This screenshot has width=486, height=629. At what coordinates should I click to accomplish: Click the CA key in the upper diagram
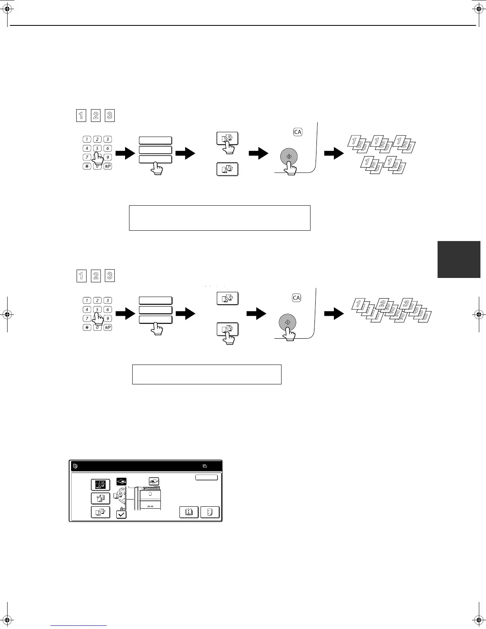tap(298, 132)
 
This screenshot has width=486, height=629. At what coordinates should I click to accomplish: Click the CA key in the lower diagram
tap(297, 297)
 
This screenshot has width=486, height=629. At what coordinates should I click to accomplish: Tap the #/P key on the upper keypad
tap(107, 166)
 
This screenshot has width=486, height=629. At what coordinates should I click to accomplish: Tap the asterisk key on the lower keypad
tap(87, 328)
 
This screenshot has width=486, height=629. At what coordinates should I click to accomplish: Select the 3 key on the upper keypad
tap(107, 139)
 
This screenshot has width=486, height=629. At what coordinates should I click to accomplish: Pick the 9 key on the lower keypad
tap(107, 318)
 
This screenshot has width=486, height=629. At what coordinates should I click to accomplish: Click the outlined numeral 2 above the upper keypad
tap(96, 116)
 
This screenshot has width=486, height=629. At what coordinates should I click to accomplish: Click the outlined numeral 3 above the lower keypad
tap(110, 276)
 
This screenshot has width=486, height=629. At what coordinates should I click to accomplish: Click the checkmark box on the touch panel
tap(121, 515)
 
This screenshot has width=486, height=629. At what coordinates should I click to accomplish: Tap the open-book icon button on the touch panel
tap(189, 512)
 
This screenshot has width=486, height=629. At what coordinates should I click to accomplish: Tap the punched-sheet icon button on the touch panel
tap(210, 512)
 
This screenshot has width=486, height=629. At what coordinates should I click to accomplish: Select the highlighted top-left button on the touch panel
tap(100, 485)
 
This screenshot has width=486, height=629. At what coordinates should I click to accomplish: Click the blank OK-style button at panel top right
tap(206, 477)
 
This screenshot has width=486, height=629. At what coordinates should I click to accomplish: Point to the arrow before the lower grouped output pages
tap(334, 314)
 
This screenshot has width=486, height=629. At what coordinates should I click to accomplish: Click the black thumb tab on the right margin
tap(459, 259)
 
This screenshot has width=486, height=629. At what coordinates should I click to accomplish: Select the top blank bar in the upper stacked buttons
tap(155, 140)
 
